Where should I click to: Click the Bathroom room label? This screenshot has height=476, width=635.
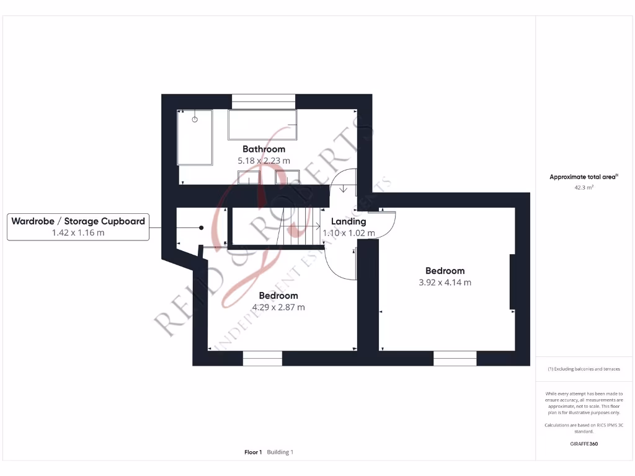[x=264, y=149]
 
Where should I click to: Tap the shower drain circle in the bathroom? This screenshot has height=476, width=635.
[x=195, y=118]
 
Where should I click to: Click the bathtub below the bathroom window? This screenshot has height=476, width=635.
[x=262, y=125]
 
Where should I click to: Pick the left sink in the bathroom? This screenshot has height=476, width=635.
[x=249, y=179]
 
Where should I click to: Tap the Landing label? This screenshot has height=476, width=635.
[x=349, y=221]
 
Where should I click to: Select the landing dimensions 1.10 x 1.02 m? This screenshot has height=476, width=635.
[x=349, y=233]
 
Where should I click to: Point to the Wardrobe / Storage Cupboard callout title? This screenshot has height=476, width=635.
[x=78, y=221]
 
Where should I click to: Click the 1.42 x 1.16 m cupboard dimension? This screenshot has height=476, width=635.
[x=78, y=232]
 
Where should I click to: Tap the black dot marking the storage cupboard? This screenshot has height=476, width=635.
[x=202, y=227]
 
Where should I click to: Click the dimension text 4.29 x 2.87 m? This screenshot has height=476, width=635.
[x=278, y=307]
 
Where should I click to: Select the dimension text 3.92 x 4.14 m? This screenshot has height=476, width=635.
[x=445, y=282]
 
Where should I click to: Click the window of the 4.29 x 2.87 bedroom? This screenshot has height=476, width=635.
[x=262, y=358]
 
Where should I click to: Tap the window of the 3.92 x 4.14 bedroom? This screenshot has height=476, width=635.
[x=455, y=358]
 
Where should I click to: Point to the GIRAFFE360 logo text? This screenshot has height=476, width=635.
[x=584, y=444]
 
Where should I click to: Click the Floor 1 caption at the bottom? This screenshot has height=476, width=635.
[x=253, y=452]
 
